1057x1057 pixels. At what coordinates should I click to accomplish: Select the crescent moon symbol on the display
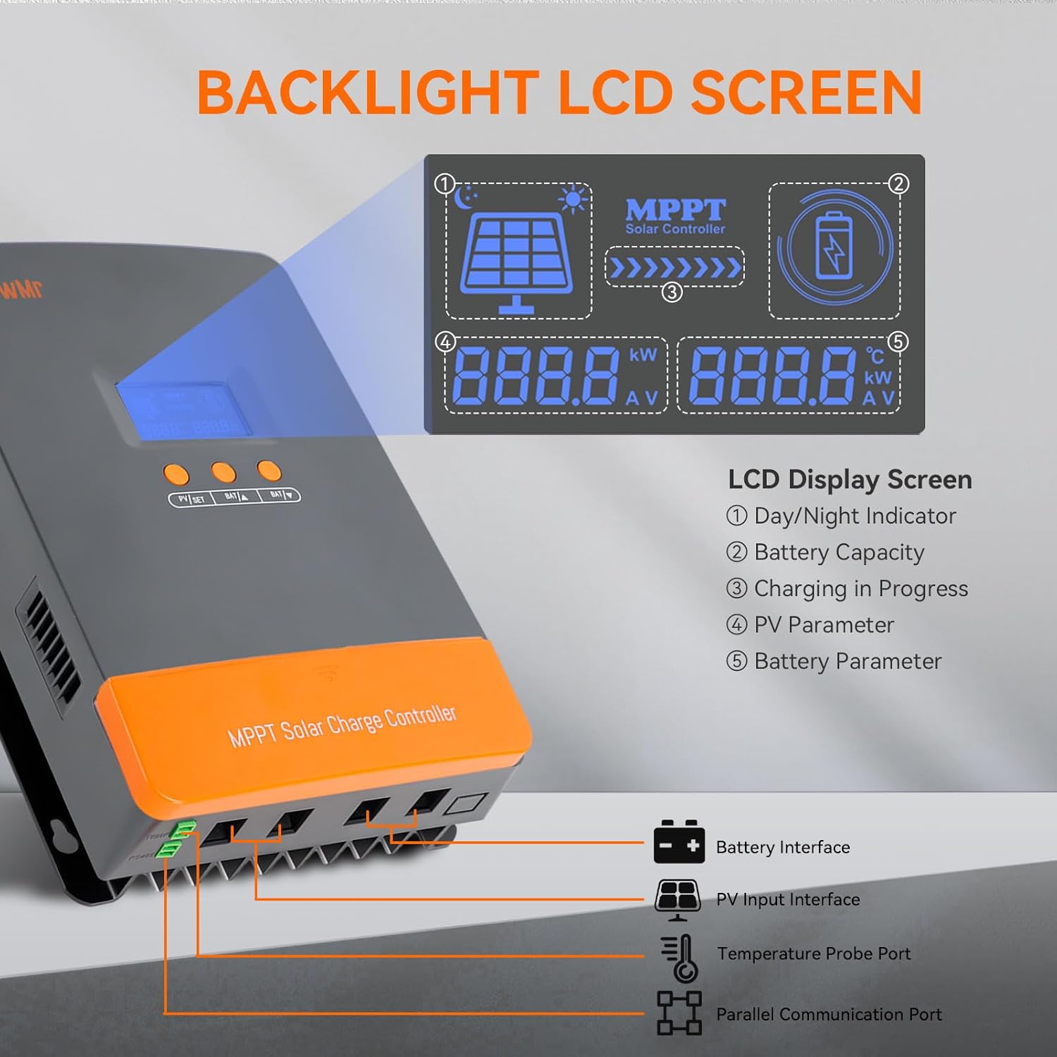click(464, 198)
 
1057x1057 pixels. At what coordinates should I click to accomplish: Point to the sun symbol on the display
click(572, 199)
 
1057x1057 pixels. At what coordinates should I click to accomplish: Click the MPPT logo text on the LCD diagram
click(675, 210)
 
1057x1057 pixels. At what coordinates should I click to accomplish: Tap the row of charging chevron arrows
click(674, 268)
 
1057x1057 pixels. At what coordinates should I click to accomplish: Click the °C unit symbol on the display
click(874, 356)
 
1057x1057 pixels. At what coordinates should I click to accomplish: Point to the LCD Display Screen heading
click(850, 479)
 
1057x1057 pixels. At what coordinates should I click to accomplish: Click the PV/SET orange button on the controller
click(176, 474)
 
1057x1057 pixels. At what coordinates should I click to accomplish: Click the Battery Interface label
click(782, 847)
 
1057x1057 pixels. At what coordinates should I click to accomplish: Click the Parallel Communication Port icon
click(679, 1013)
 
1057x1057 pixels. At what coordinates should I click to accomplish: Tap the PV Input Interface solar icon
click(677, 899)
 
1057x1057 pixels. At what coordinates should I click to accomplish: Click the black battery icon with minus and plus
click(679, 843)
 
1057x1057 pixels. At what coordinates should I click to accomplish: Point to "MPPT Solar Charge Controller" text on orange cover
click(342, 725)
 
